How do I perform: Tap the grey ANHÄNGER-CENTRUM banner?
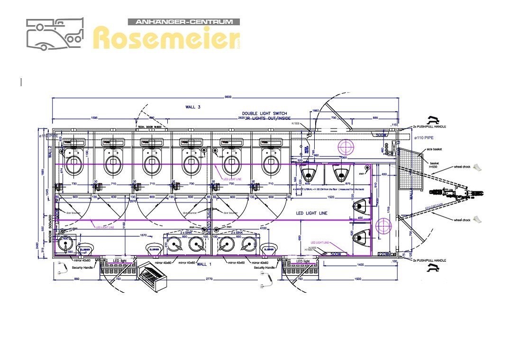[x=184, y=22]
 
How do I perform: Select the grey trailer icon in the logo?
[x=55, y=34]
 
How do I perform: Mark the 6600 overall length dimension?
[x=228, y=97]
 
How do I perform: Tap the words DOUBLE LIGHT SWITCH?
[x=264, y=113]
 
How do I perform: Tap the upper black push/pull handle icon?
[x=433, y=120]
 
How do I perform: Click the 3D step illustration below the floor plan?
[x=153, y=279]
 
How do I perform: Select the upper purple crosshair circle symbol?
[x=346, y=147]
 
